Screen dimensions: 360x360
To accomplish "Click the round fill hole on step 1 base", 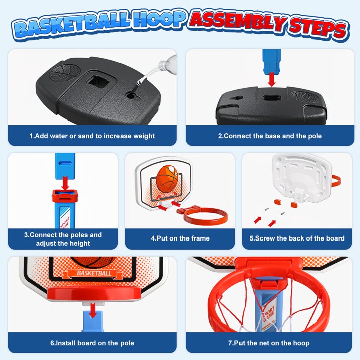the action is (x=131, y=94).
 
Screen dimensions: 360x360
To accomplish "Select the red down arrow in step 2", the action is (x=271, y=79).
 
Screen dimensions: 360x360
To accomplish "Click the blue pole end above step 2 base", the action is (x=271, y=62).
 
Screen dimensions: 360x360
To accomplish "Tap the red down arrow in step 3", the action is (x=65, y=183).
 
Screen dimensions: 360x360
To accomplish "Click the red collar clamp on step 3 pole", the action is (x=65, y=196).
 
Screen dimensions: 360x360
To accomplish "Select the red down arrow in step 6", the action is (x=93, y=310).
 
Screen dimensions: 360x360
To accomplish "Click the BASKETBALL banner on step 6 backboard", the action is (x=94, y=273).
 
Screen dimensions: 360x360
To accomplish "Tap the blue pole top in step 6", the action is (x=93, y=321).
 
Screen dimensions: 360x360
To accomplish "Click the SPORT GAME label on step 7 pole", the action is (x=269, y=314).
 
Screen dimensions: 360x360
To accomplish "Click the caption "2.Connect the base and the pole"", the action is (x=270, y=136).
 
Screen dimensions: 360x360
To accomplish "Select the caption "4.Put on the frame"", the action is (x=180, y=238).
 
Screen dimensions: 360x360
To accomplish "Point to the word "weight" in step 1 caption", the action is (x=144, y=136).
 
